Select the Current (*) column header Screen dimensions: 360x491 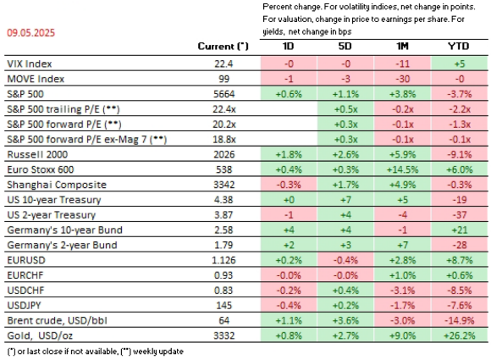pyautogui.click(x=223, y=46)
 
